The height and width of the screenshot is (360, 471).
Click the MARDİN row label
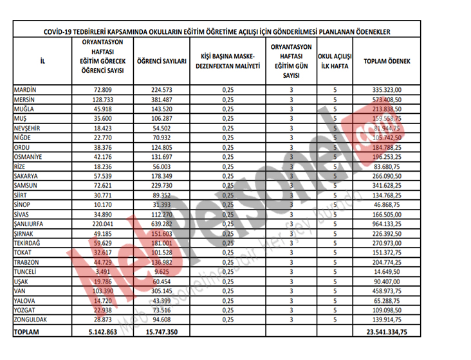(25, 90)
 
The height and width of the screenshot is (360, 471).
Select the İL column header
(42, 62)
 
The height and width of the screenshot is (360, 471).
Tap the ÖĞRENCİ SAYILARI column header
(162, 62)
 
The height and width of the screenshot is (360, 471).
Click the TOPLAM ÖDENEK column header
(387, 62)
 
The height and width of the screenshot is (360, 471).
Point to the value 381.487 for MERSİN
(162, 100)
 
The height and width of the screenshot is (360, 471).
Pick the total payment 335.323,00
(387, 90)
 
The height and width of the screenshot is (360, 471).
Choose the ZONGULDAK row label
(32, 319)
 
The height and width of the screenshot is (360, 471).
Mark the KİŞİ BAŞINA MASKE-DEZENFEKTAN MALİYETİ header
(227, 62)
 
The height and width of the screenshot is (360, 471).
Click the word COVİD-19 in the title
(61, 31)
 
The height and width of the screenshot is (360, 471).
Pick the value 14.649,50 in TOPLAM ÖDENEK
(387, 271)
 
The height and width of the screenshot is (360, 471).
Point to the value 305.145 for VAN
(162, 291)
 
